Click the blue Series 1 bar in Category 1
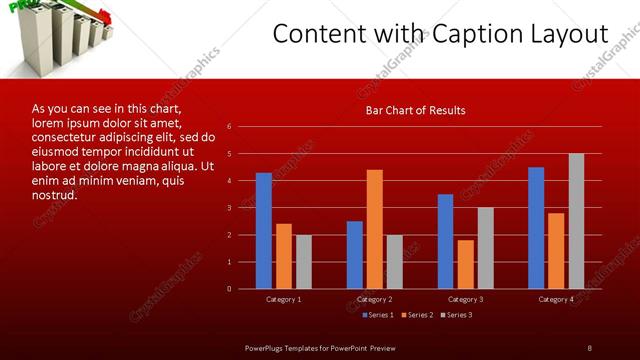coord(264,231)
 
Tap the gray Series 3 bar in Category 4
coord(576,221)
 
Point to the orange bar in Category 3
coord(466,264)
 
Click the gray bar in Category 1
coord(304,262)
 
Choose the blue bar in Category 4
coord(536,228)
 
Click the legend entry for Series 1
coord(377,315)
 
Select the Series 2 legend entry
coord(418,315)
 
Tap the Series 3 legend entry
coord(458,315)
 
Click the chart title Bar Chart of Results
coord(414,110)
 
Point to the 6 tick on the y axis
coord(230,127)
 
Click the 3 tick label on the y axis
coord(230,208)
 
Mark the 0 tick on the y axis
coord(230,289)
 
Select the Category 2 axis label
coord(374,299)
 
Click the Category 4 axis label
coord(556,299)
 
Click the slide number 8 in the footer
coord(589,347)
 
